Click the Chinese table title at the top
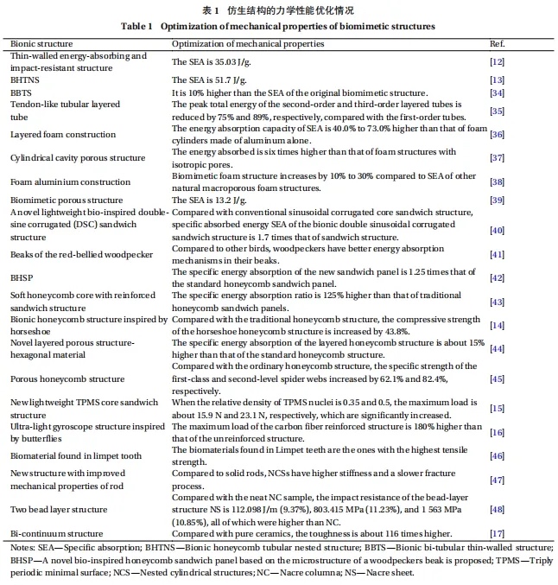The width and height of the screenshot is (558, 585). pos(278,10)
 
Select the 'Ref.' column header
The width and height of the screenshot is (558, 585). pos(497,43)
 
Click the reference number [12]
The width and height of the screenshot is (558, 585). pos(497,61)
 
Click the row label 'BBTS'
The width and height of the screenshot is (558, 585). pos(22,92)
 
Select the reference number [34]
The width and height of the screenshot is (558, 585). pos(497,92)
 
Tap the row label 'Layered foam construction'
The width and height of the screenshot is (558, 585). pos(62,135)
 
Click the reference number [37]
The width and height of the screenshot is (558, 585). pos(497,158)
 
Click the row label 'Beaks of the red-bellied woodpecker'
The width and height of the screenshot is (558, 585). pos(81,255)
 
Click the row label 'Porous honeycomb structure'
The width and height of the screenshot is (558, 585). pos(67,379)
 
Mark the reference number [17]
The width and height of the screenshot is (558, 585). pos(497,534)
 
